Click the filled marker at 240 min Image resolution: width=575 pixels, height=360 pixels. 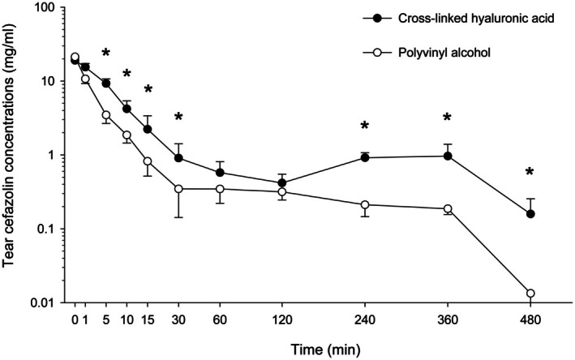point(365,157)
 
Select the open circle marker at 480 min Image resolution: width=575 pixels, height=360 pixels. point(530,294)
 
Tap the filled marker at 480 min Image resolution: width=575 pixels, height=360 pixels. point(530,214)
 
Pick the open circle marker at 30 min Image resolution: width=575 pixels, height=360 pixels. point(178,189)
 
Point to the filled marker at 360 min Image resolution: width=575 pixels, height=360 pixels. point(448,156)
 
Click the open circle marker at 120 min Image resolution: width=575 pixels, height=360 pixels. point(282,191)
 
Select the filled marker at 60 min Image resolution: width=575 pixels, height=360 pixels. point(220,173)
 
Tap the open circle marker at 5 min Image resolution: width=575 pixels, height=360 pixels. point(106,115)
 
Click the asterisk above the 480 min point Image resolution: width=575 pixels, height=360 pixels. point(530,172)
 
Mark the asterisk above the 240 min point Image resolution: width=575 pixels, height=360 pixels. point(364,126)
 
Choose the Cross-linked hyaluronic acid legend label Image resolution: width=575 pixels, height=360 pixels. point(476,19)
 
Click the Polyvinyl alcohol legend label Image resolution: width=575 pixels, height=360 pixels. point(444,53)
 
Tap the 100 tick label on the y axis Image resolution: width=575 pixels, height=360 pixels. point(49,7)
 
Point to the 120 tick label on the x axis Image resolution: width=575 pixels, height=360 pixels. point(282,320)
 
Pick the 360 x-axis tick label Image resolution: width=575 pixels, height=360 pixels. point(448,320)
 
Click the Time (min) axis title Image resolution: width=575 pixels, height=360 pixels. point(326,350)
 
